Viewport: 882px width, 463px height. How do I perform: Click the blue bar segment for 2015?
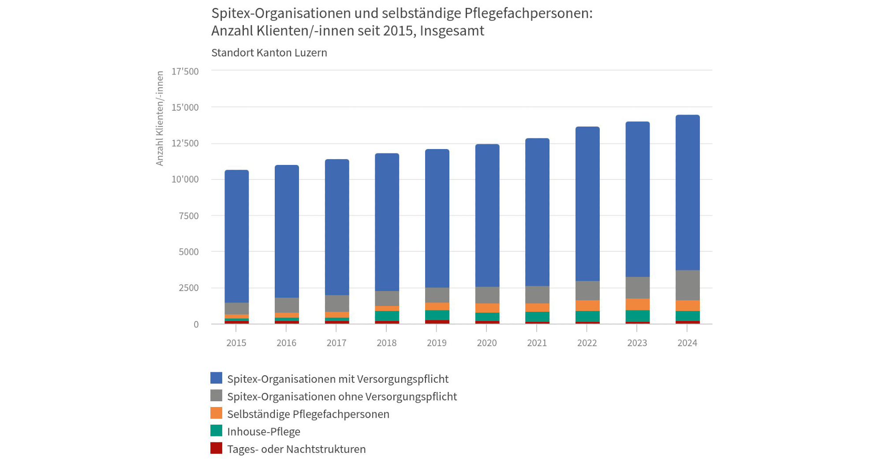click(236, 236)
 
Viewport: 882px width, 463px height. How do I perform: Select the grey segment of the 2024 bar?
click(688, 285)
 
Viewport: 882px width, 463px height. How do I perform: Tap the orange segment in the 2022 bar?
click(587, 306)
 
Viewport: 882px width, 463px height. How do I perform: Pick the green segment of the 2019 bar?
click(437, 315)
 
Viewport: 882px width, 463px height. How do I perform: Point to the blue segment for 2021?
click(537, 212)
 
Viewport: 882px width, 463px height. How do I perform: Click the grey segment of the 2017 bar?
click(337, 303)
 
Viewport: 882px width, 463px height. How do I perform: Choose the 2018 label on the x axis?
click(386, 343)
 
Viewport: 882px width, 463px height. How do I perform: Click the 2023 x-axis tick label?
click(637, 343)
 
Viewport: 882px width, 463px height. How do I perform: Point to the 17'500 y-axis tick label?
click(185, 71)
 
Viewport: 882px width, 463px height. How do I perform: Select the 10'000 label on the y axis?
click(185, 179)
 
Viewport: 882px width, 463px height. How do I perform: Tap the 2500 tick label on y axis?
click(189, 288)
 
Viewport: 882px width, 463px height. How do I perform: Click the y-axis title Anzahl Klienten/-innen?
click(160, 118)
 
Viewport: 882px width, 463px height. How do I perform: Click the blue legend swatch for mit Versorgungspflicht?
click(216, 378)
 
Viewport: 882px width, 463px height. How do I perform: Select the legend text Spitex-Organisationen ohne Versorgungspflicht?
click(342, 396)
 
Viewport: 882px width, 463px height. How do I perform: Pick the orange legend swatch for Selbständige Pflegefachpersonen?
click(216, 413)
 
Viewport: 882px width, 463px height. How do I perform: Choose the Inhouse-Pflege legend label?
click(264, 432)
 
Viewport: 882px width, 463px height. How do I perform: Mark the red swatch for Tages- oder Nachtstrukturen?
click(216, 448)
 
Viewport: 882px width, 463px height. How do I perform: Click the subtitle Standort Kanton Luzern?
click(269, 53)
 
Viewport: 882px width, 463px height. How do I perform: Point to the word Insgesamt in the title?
click(452, 31)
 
